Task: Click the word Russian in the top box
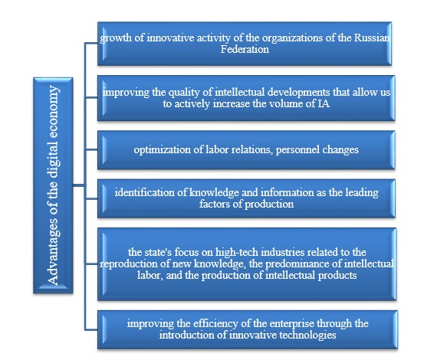tap(372, 38)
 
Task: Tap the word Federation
tap(245, 49)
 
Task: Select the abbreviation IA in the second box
tap(324, 103)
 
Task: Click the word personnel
tap(297, 150)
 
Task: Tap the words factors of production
tap(246, 204)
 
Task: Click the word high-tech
tap(236, 252)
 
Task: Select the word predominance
tap(295, 263)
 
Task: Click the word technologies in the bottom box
tap(307, 335)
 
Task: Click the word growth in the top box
tap(115, 38)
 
